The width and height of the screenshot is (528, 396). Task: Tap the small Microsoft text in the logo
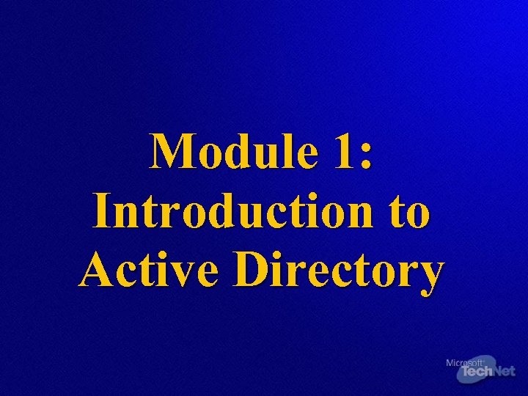click(x=465, y=362)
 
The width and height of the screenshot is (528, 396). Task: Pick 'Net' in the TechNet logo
click(x=504, y=372)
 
